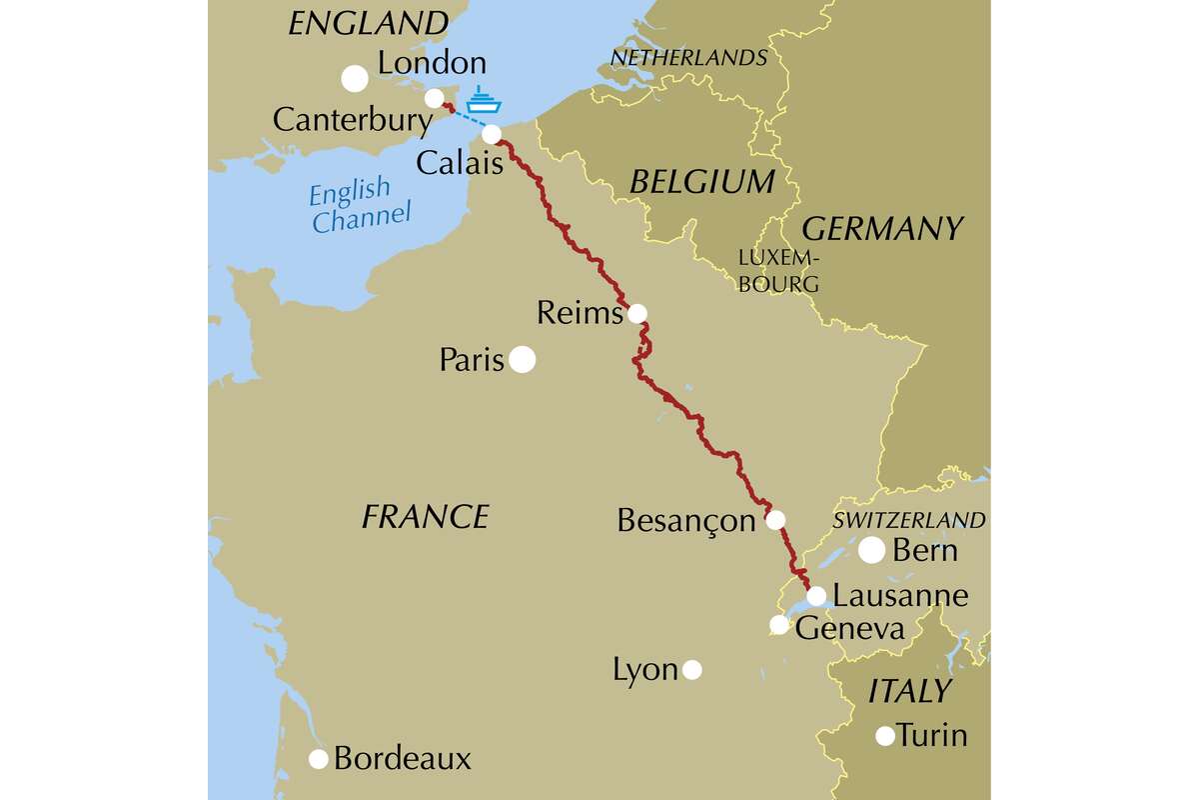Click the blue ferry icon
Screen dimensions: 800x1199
click(x=482, y=101)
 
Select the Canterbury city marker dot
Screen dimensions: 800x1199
click(x=435, y=98)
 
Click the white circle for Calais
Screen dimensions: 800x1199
click(x=492, y=134)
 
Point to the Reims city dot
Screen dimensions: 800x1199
click(x=636, y=314)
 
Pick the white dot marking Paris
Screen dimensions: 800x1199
click(x=522, y=360)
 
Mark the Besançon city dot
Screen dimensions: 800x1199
click(x=774, y=520)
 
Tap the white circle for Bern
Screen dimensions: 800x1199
click(x=871, y=549)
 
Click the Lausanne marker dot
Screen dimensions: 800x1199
click(x=816, y=596)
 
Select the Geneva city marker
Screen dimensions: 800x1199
click(x=779, y=625)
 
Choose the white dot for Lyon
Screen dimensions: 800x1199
click(x=691, y=670)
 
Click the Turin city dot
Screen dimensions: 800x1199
click(x=884, y=736)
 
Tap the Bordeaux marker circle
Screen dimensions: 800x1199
click(x=319, y=759)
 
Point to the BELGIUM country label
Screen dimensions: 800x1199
click(x=701, y=181)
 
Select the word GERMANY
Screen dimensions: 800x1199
click(x=882, y=228)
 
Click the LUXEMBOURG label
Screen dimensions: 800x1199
click(x=778, y=271)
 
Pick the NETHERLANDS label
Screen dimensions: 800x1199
click(x=688, y=58)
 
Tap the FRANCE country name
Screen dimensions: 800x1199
click(x=425, y=516)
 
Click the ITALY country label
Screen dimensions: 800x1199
click(x=909, y=690)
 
